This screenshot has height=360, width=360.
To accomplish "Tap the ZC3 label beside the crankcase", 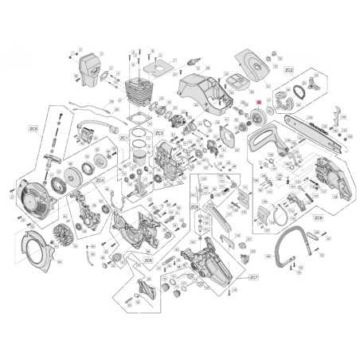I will (158, 133).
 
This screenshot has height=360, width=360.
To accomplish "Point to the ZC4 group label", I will (99, 180).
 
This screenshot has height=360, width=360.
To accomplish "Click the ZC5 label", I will (148, 260).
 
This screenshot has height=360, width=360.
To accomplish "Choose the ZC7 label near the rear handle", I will (254, 276).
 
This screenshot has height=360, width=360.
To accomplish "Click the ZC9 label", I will (318, 217).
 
